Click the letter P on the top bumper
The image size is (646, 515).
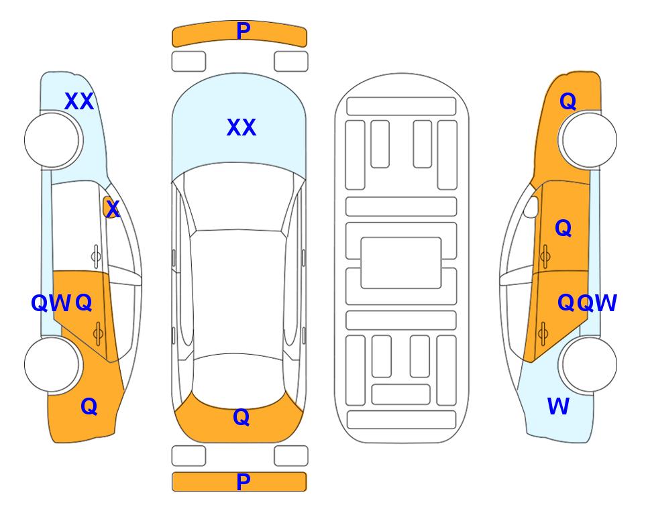[x=244, y=31]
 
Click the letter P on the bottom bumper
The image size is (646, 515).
[x=244, y=481]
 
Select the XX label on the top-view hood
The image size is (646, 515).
[x=241, y=127]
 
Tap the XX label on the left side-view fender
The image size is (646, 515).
[x=79, y=101]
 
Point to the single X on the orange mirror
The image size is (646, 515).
[x=113, y=209]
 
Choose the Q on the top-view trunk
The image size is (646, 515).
[x=241, y=417]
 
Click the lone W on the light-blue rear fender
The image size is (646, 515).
[x=558, y=406]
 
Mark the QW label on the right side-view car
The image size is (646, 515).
[x=596, y=303]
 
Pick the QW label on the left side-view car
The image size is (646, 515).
[x=51, y=303]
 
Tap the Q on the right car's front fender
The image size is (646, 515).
[x=568, y=101]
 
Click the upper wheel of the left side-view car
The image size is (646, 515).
[x=52, y=140]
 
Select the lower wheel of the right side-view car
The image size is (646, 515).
[x=588, y=364]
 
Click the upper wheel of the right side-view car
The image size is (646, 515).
[x=588, y=140]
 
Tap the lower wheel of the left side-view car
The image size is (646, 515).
[x=52, y=364]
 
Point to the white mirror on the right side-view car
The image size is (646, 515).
[x=531, y=207]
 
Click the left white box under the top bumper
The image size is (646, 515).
[x=189, y=62]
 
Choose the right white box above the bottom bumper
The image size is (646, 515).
[x=291, y=456]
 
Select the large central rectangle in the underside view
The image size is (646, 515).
[x=401, y=263]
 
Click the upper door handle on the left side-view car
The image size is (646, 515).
[x=96, y=256]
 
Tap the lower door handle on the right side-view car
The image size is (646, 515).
[x=543, y=333]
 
